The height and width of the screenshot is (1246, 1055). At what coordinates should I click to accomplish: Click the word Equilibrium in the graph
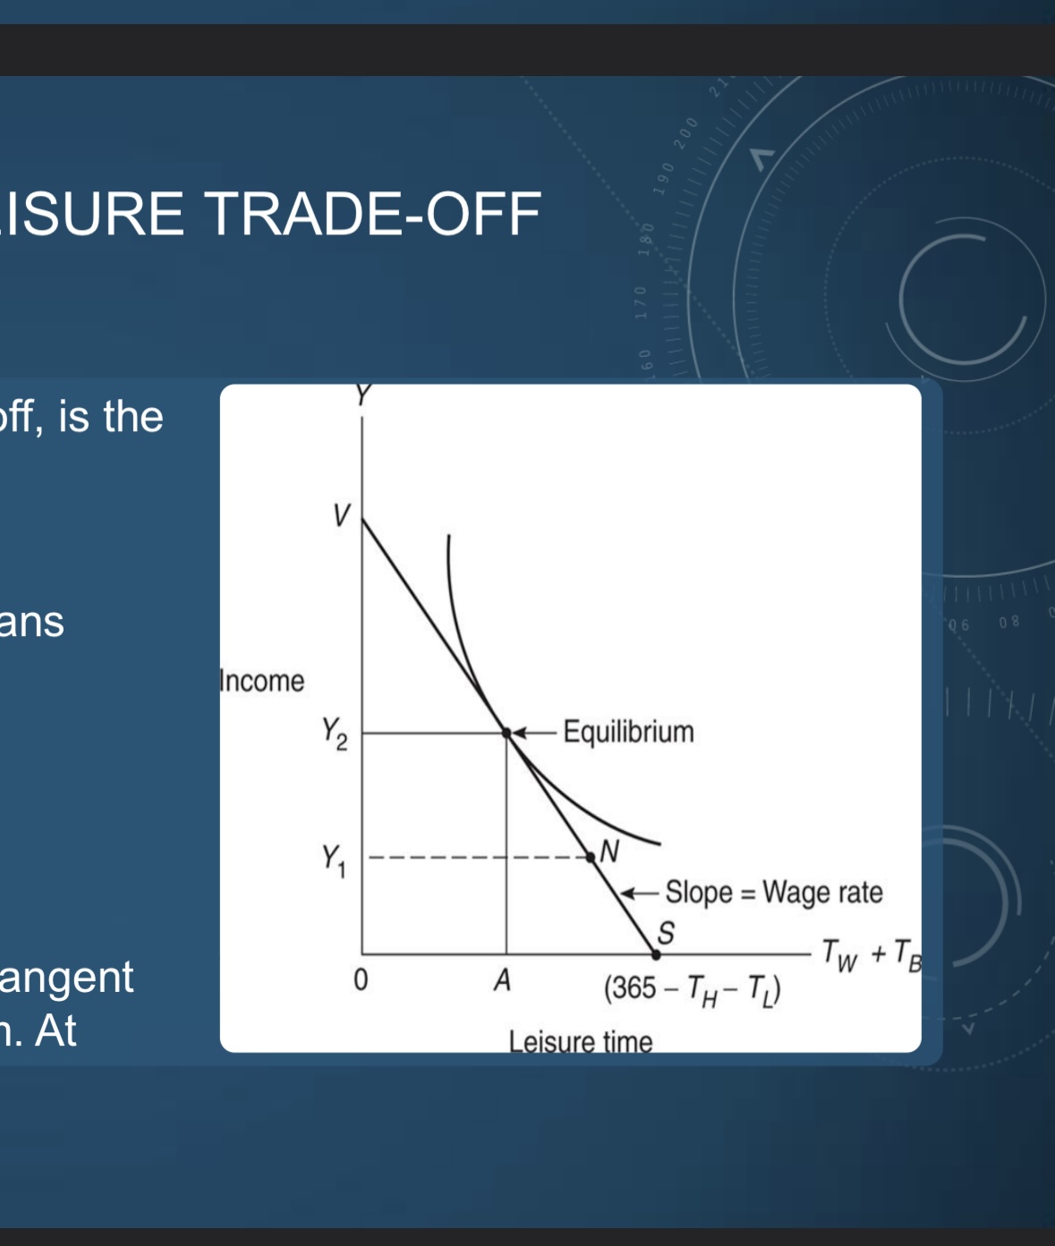tap(628, 732)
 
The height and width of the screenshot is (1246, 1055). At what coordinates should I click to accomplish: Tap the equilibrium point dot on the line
tap(506, 733)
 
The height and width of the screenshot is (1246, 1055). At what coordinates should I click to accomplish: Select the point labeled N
tap(591, 857)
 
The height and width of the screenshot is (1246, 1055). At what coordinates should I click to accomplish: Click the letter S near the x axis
tap(666, 932)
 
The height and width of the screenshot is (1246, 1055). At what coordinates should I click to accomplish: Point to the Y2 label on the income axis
tap(335, 733)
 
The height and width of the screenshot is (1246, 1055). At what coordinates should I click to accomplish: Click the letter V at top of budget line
tap(341, 515)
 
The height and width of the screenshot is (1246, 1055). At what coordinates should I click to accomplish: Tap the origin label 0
tap(360, 980)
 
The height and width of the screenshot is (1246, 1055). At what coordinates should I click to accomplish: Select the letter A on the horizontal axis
tap(503, 980)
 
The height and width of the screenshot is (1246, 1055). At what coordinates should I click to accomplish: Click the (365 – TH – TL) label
tap(692, 989)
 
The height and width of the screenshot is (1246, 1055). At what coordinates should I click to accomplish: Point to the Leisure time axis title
tap(581, 1041)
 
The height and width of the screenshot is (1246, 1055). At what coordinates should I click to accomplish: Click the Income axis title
tap(262, 681)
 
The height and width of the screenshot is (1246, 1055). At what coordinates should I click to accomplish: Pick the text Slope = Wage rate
tap(773, 892)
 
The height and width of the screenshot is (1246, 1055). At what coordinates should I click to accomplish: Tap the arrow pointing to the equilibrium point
tap(535, 733)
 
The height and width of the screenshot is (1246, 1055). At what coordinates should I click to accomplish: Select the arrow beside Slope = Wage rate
tap(640, 892)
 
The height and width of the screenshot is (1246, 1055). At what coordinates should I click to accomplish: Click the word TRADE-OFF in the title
tap(373, 215)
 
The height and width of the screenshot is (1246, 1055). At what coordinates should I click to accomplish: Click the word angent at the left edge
tap(66, 977)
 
